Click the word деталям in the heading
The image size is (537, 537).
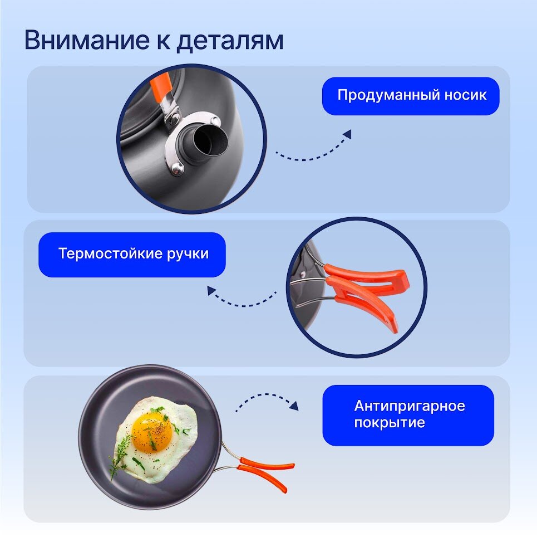(229, 41)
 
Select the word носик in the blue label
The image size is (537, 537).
(465, 95)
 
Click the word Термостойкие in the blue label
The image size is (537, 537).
(110, 254)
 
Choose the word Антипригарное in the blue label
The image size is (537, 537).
(409, 406)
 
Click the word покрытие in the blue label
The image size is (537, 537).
(389, 423)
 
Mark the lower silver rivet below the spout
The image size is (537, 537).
(177, 168)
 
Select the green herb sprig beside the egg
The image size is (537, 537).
(119, 456)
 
